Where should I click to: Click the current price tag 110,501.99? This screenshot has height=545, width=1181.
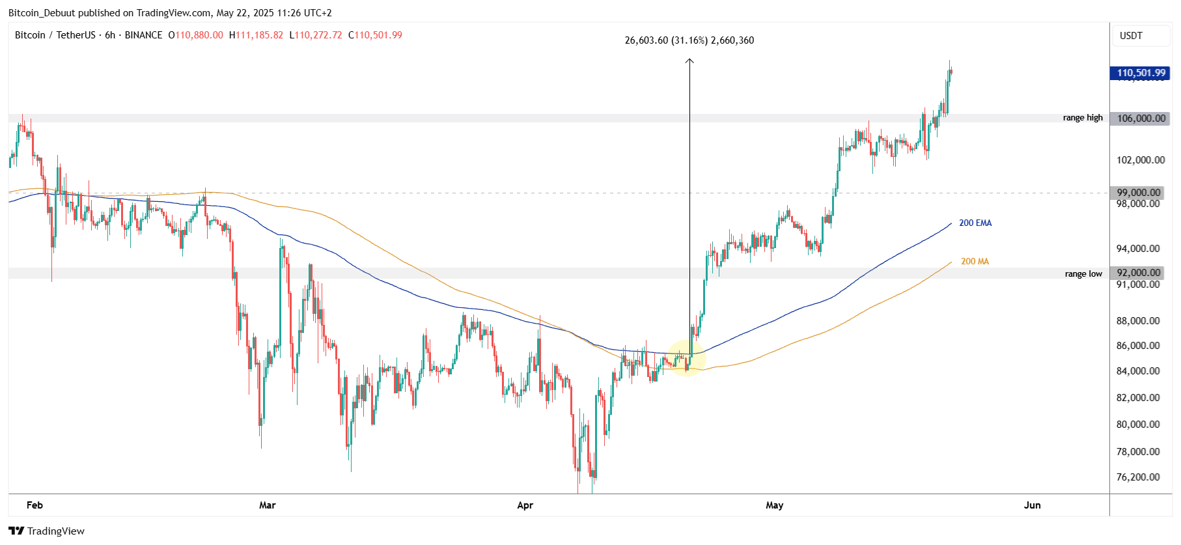tap(1141, 73)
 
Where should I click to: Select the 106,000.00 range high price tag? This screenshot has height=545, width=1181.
tap(1141, 119)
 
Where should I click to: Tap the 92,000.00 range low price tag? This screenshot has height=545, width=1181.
tap(1138, 273)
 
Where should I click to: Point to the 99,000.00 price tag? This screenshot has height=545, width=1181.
tap(1138, 193)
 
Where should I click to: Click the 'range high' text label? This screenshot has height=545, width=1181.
tap(1083, 118)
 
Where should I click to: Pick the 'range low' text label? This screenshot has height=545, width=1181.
tap(1083, 274)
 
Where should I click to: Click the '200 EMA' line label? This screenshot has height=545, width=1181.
tap(975, 223)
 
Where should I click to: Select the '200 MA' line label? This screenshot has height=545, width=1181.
tap(975, 262)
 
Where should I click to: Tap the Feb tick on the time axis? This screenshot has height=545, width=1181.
tap(35, 505)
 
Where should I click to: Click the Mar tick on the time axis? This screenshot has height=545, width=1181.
tap(267, 505)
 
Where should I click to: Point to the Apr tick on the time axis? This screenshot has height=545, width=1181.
tap(525, 505)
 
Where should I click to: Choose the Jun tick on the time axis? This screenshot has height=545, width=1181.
tap(1032, 505)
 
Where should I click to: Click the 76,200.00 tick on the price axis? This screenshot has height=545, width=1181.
tap(1138, 477)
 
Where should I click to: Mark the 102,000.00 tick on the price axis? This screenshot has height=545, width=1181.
tap(1141, 160)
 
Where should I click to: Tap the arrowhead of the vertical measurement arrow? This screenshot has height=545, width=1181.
tap(689, 61)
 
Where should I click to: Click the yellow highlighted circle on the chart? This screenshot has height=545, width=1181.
tap(686, 357)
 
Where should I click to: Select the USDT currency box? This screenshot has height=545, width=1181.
tap(1131, 36)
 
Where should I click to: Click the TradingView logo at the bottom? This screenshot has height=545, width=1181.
tap(47, 531)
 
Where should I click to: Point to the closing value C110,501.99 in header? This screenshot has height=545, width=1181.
tap(375, 35)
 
